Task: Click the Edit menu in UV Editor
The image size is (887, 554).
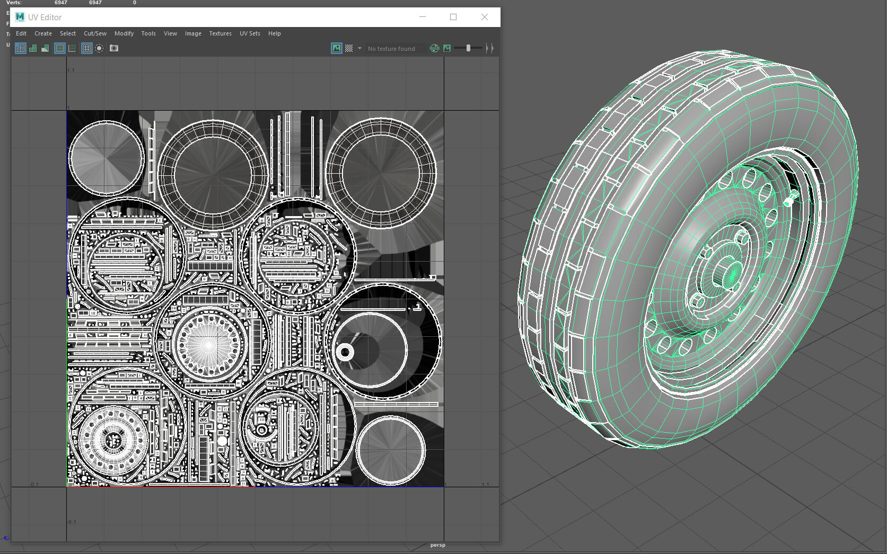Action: coord(21,33)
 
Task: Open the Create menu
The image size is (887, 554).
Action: coord(43,33)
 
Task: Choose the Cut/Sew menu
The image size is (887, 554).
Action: coord(95,33)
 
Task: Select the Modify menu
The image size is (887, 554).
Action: coord(124,33)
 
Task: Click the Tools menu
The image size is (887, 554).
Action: coord(148,33)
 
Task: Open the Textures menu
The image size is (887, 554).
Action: coord(220,33)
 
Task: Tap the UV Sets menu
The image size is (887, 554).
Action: coord(250,33)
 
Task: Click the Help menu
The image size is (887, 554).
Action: coord(274,33)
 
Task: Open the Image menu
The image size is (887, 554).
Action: coord(193,33)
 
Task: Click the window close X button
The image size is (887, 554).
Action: coord(484,17)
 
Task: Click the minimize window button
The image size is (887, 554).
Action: coord(423,17)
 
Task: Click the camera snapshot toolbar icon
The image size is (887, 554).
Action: coord(114,48)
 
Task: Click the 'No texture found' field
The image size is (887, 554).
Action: coord(392,49)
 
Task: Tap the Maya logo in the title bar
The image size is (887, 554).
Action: coord(20,17)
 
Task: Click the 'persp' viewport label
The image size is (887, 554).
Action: coord(438,545)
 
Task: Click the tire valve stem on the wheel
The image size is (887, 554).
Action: coord(789,199)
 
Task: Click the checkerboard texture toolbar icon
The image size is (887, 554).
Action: coord(349,48)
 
